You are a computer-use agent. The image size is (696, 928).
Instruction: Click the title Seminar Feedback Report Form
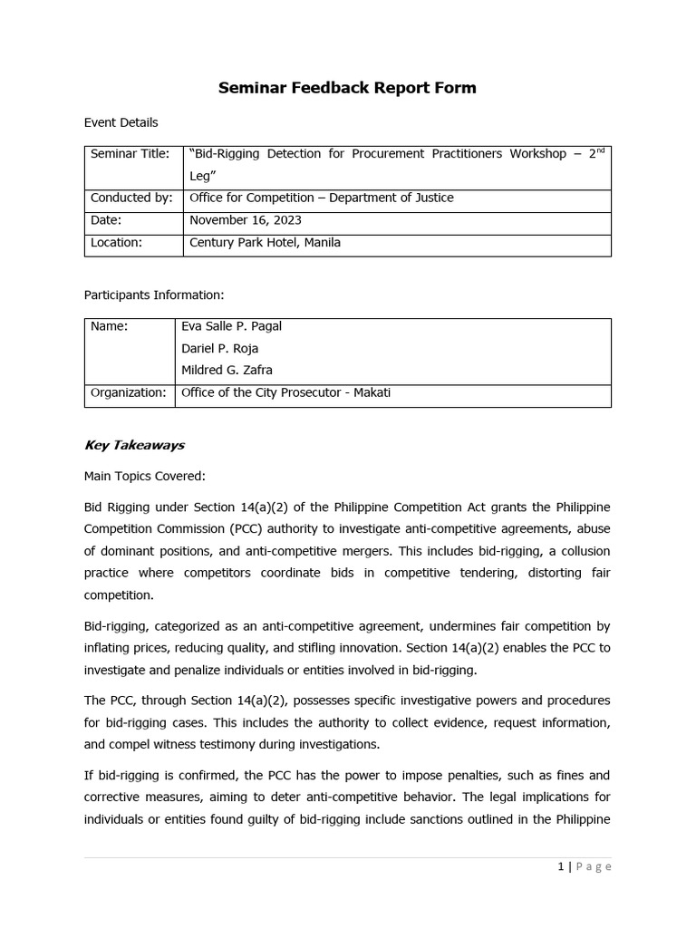347,88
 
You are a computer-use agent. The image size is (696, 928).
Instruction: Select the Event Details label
121,122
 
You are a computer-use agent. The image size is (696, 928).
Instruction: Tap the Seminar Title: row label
130,154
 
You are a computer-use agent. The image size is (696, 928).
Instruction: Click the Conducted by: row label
130,198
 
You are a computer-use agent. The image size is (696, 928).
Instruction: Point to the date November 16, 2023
246,220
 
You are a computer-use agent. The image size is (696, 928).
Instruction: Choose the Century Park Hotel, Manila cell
265,243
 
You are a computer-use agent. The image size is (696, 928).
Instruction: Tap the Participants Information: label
153,295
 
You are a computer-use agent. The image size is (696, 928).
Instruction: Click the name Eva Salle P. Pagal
232,326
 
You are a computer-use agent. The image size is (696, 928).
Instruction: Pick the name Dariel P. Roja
220,348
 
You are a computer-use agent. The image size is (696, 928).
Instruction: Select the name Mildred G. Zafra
227,370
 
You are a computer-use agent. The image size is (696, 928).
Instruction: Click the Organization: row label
128,392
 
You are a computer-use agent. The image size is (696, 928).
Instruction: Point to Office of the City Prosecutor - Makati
285,392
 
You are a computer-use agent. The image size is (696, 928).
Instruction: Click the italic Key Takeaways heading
134,445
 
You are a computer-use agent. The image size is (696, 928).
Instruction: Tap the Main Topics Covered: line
145,476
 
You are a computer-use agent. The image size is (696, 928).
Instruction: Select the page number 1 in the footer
561,866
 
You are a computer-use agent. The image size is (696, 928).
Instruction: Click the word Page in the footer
594,866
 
